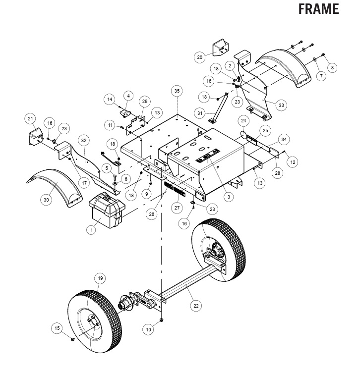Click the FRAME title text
[x=318, y=9]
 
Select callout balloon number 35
[x=177, y=91]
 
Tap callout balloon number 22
[x=196, y=306]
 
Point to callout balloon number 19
[x=100, y=278]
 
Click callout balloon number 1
[x=91, y=229]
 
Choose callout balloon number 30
[x=46, y=200]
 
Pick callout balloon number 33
[x=281, y=105]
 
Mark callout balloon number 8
[x=332, y=68]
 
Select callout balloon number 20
[x=200, y=57]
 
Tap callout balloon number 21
[x=30, y=118]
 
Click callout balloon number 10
[x=148, y=329]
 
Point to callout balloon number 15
[x=57, y=328]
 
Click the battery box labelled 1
[x=107, y=210]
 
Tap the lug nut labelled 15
[x=72, y=339]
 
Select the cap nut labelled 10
[x=162, y=320]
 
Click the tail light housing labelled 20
[x=220, y=47]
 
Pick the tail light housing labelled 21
[x=35, y=137]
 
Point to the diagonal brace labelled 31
[x=219, y=107]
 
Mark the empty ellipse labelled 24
[x=243, y=135]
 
